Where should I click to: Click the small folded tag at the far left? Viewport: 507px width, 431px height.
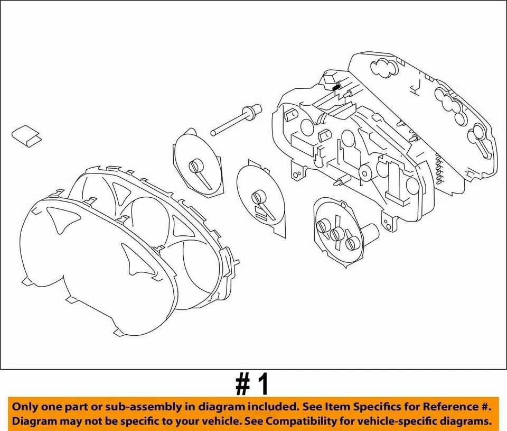pyautogui.click(x=28, y=135)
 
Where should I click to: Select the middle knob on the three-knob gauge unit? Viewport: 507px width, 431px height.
pyautogui.click(x=335, y=234)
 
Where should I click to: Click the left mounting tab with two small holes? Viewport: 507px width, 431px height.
pyautogui.click(x=299, y=171)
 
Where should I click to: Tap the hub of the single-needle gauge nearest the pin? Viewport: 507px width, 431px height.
pyautogui.click(x=197, y=166)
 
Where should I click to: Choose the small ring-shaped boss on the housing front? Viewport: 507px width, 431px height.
pyautogui.click(x=365, y=172)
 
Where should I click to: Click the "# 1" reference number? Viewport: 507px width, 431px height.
pyautogui.click(x=252, y=384)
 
